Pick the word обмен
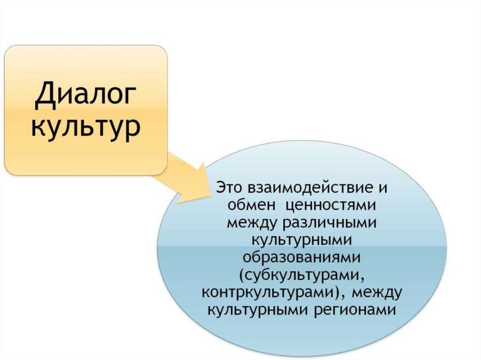click(x=249, y=205)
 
